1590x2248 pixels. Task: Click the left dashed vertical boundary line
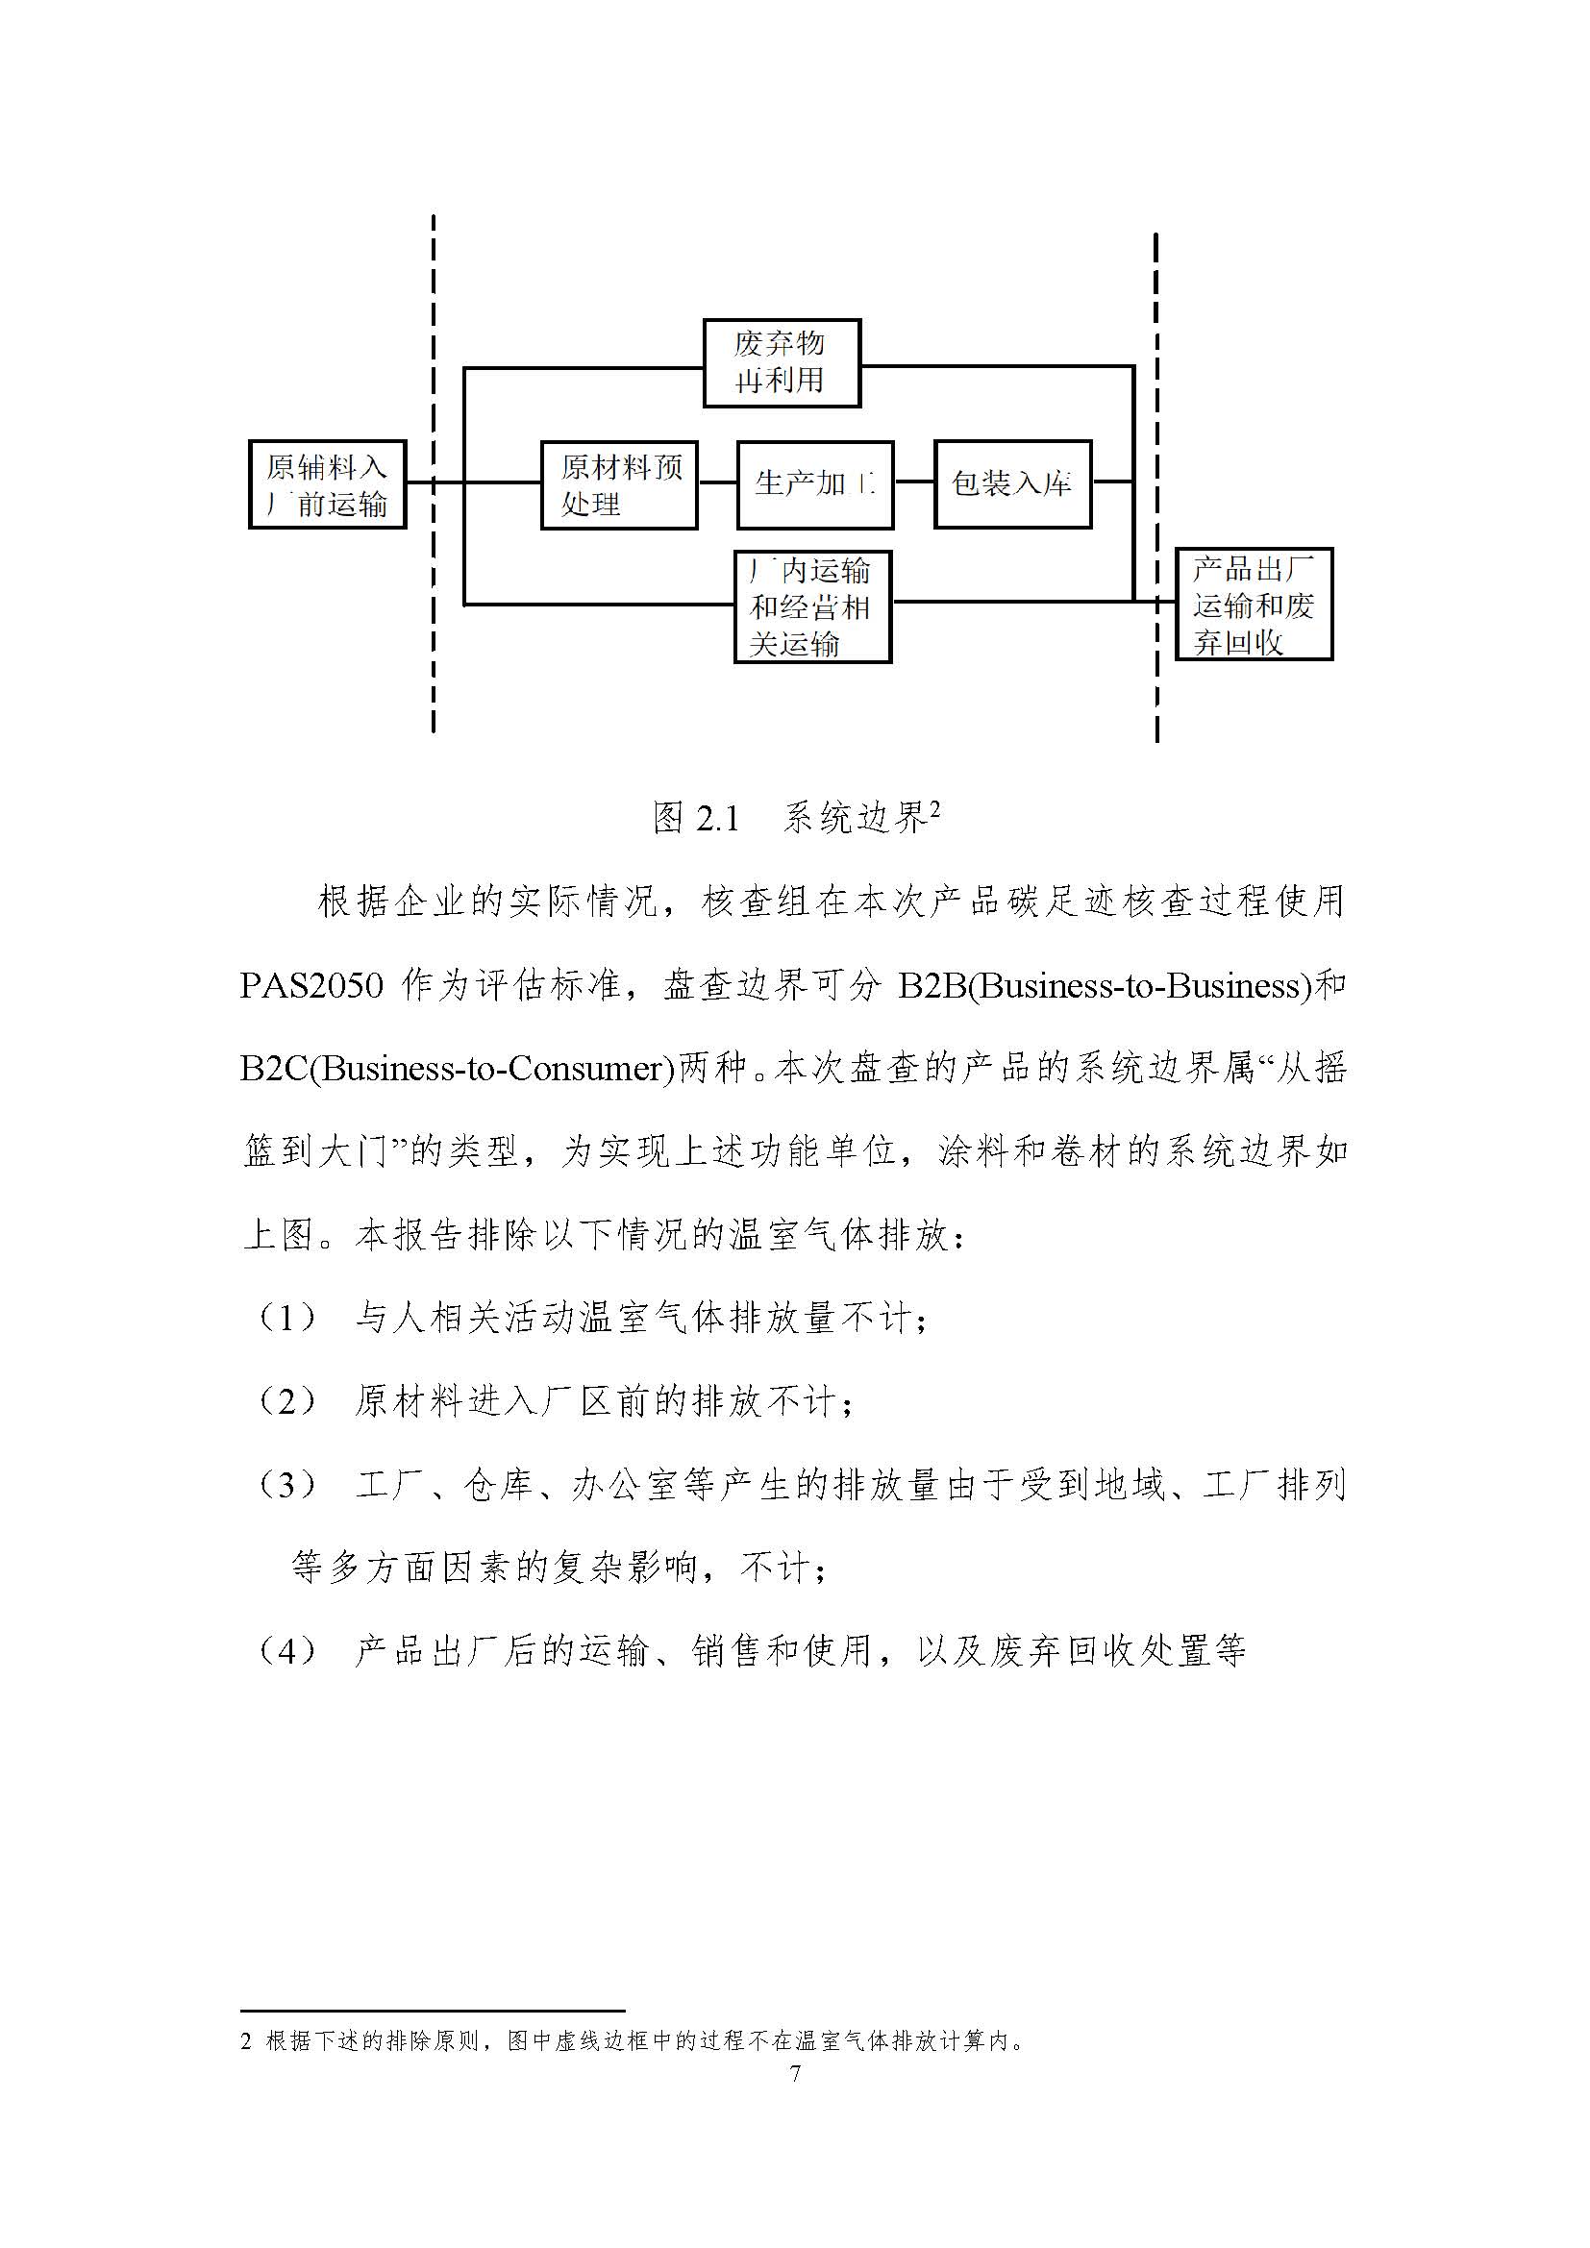pyautogui.click(x=433, y=474)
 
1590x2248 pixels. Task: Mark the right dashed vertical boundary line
pyautogui.click(x=1156, y=487)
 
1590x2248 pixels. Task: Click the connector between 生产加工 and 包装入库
pyautogui.click(x=914, y=482)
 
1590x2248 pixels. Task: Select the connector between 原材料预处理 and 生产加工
pyautogui.click(x=717, y=482)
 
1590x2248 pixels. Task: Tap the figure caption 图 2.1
pyautogui.click(x=696, y=818)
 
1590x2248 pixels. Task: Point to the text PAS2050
pyautogui.click(x=311, y=985)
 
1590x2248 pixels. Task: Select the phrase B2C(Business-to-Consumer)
pyautogui.click(x=458, y=1068)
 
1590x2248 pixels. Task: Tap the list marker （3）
pyautogui.click(x=287, y=1485)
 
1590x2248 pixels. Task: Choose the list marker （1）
pyautogui.click(x=287, y=1319)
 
